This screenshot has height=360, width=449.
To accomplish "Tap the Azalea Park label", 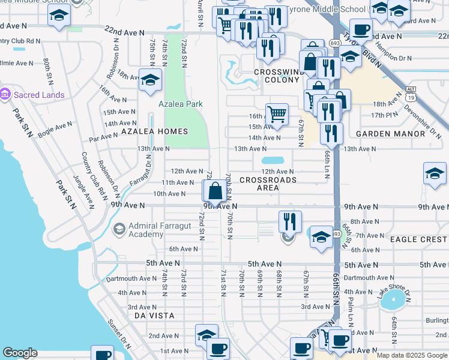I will tap(180, 104).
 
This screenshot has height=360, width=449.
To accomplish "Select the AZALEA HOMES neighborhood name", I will tap(154, 131).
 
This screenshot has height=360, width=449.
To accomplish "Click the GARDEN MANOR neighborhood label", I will tap(390, 134).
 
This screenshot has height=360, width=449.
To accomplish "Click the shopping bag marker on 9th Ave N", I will tap(215, 192).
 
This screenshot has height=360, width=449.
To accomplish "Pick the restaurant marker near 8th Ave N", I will tap(290, 221).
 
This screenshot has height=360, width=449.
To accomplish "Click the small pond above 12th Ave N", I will tap(273, 161).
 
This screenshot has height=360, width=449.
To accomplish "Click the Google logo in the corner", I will tap(20, 353).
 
